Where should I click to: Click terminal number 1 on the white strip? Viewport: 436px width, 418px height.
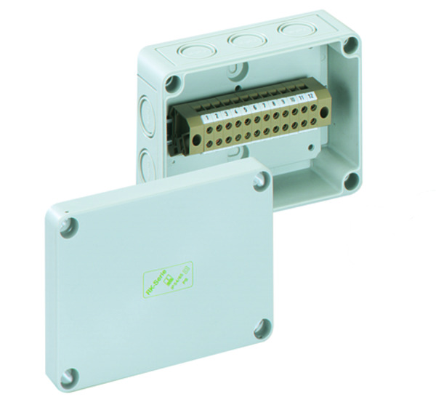click(x=207, y=117)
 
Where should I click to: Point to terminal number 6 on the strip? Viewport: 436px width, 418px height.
click(x=255, y=106)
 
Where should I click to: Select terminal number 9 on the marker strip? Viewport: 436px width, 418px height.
click(x=283, y=100)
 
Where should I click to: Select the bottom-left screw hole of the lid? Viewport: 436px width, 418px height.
click(x=69, y=377)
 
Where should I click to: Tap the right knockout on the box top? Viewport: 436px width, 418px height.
click(x=287, y=29)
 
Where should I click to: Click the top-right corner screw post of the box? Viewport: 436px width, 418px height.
click(x=351, y=45)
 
